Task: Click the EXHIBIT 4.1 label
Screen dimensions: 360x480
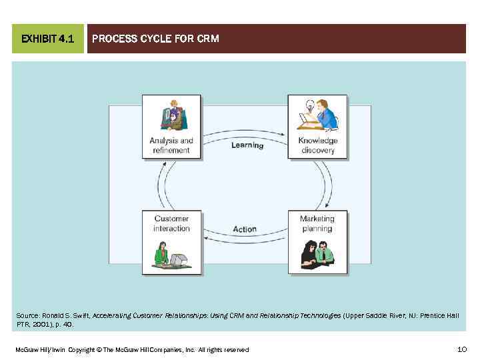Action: click(47, 39)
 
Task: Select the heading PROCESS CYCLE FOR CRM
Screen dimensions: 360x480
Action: click(155, 39)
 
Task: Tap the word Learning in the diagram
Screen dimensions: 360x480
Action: click(247, 145)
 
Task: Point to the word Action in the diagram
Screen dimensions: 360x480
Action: click(245, 229)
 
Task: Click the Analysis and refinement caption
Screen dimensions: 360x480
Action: click(171, 145)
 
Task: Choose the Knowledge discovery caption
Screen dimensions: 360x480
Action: click(317, 145)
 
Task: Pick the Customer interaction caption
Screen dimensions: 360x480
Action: click(171, 223)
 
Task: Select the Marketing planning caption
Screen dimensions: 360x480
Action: click(317, 223)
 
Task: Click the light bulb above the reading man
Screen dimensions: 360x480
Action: click(309, 105)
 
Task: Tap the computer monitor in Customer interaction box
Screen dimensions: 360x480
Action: click(177, 258)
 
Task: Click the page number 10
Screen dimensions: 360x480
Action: click(462, 349)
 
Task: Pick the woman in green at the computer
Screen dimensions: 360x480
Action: click(161, 255)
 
